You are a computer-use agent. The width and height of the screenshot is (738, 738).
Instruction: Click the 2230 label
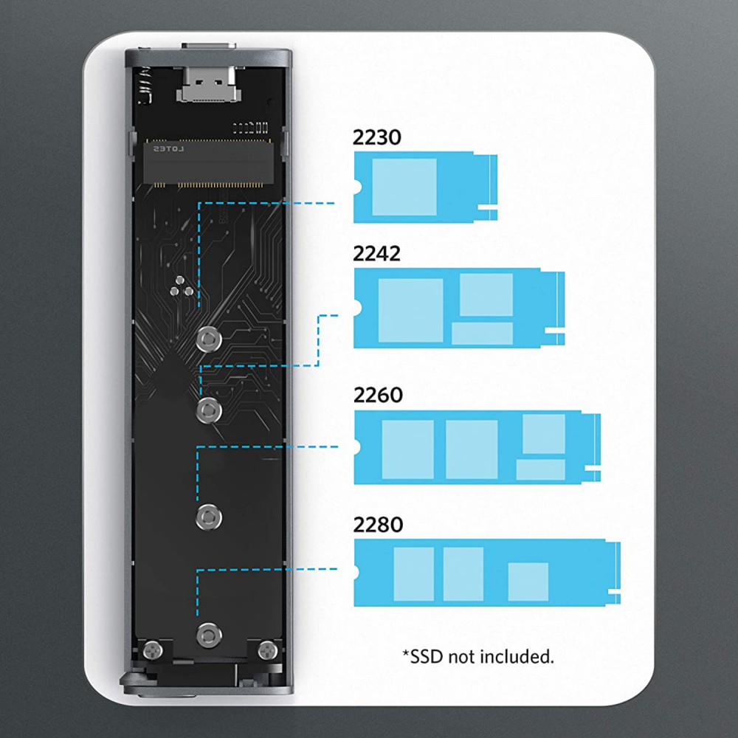(x=377, y=137)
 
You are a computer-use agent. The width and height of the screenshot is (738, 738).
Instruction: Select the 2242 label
(x=377, y=254)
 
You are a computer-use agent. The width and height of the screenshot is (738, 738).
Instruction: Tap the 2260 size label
(x=378, y=395)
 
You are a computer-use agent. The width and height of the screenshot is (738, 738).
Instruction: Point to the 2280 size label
(x=378, y=525)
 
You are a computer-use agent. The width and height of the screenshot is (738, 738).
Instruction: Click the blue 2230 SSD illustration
(x=425, y=187)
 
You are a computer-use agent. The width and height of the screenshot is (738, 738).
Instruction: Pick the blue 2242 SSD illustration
(x=459, y=308)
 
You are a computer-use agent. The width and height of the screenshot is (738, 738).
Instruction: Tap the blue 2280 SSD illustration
(x=486, y=573)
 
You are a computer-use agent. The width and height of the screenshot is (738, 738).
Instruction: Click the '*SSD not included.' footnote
(x=477, y=655)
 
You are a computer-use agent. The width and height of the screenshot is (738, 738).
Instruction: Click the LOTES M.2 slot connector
(x=208, y=162)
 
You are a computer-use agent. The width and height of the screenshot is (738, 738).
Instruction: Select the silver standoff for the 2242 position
(x=209, y=408)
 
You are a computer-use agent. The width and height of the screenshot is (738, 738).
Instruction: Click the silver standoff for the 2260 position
(x=209, y=516)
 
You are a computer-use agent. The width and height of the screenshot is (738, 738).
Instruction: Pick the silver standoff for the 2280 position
(x=209, y=634)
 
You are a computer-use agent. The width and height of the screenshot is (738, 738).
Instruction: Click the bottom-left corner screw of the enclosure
(x=152, y=650)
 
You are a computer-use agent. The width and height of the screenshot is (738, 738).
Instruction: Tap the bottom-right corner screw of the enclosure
(x=266, y=650)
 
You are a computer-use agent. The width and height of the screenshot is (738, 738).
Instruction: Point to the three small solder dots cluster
(x=182, y=289)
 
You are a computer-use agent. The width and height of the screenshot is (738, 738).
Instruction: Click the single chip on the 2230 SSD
(x=404, y=187)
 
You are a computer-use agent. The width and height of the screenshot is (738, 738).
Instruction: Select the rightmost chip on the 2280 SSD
(x=528, y=581)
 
